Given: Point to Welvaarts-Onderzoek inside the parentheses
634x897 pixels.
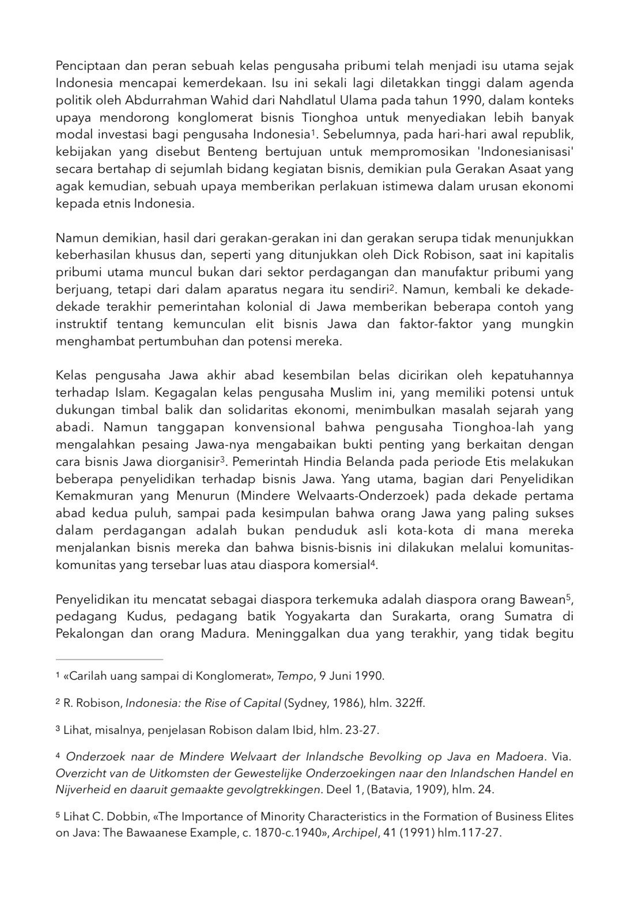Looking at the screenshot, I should coord(355,496).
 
